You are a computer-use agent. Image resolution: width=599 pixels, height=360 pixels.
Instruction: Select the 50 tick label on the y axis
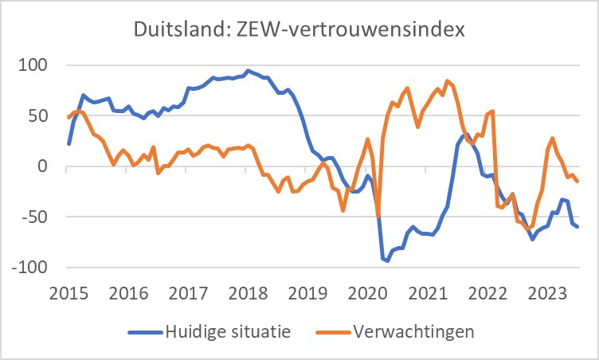37,115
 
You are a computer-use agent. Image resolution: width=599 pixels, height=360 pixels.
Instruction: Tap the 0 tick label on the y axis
43,166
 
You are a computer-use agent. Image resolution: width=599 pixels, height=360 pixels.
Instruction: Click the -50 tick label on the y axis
33,217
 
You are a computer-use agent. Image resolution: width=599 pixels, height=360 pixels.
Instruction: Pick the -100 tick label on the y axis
29,268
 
